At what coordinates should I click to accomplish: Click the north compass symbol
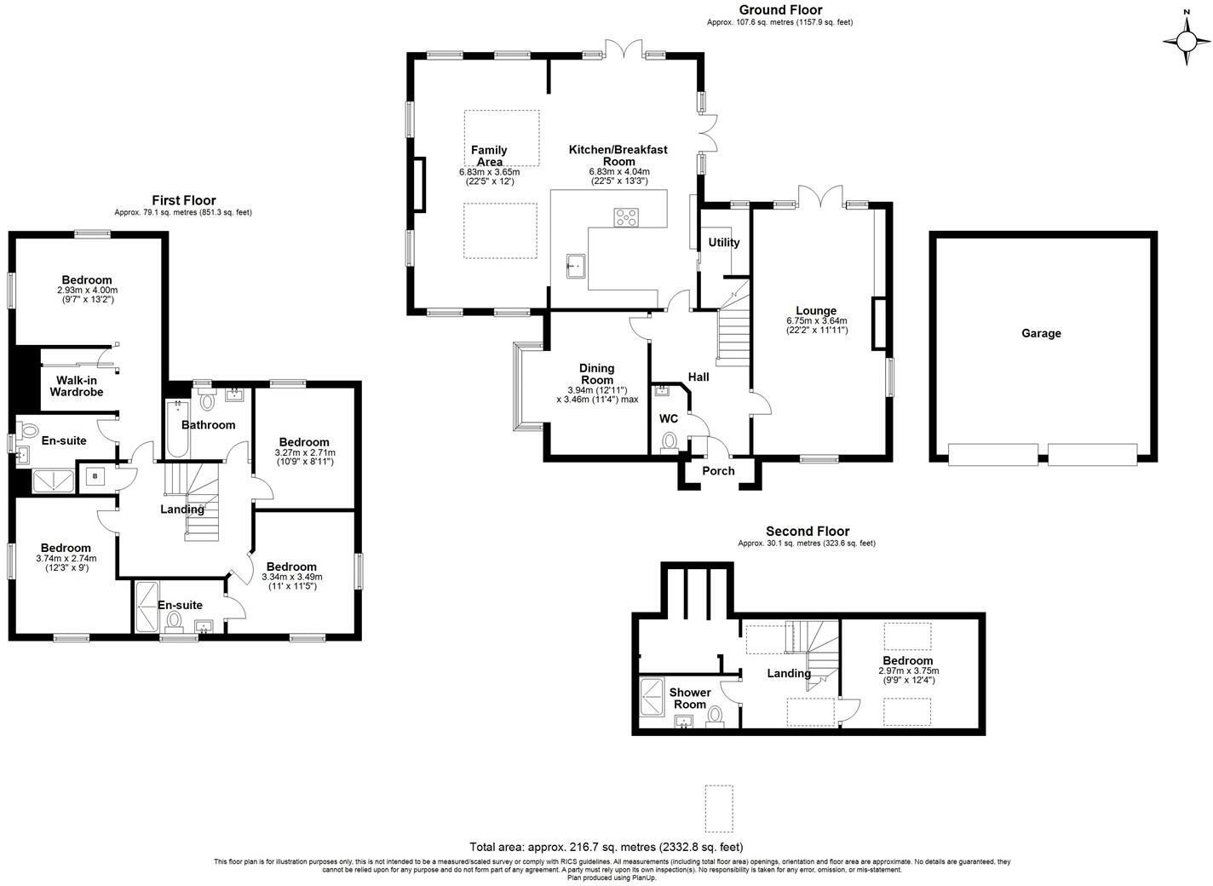(x=1187, y=39)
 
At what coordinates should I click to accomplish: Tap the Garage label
(x=1041, y=333)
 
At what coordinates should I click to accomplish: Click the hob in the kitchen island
(x=626, y=218)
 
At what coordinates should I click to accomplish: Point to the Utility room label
(x=724, y=243)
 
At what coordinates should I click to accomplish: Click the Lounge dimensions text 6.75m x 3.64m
(x=816, y=321)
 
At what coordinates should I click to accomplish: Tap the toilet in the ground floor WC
(x=670, y=442)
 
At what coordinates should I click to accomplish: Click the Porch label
(x=718, y=471)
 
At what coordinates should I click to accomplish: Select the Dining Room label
(x=597, y=374)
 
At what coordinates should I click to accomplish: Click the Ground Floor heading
(x=779, y=10)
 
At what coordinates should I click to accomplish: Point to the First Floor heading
(x=183, y=200)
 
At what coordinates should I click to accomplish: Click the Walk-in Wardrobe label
(x=76, y=386)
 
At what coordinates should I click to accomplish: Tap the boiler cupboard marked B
(x=95, y=475)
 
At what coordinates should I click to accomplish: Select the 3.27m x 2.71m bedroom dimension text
(x=304, y=452)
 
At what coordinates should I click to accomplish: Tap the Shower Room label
(x=689, y=699)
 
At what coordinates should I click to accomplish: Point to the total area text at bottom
(x=606, y=847)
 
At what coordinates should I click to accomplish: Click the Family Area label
(x=489, y=156)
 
